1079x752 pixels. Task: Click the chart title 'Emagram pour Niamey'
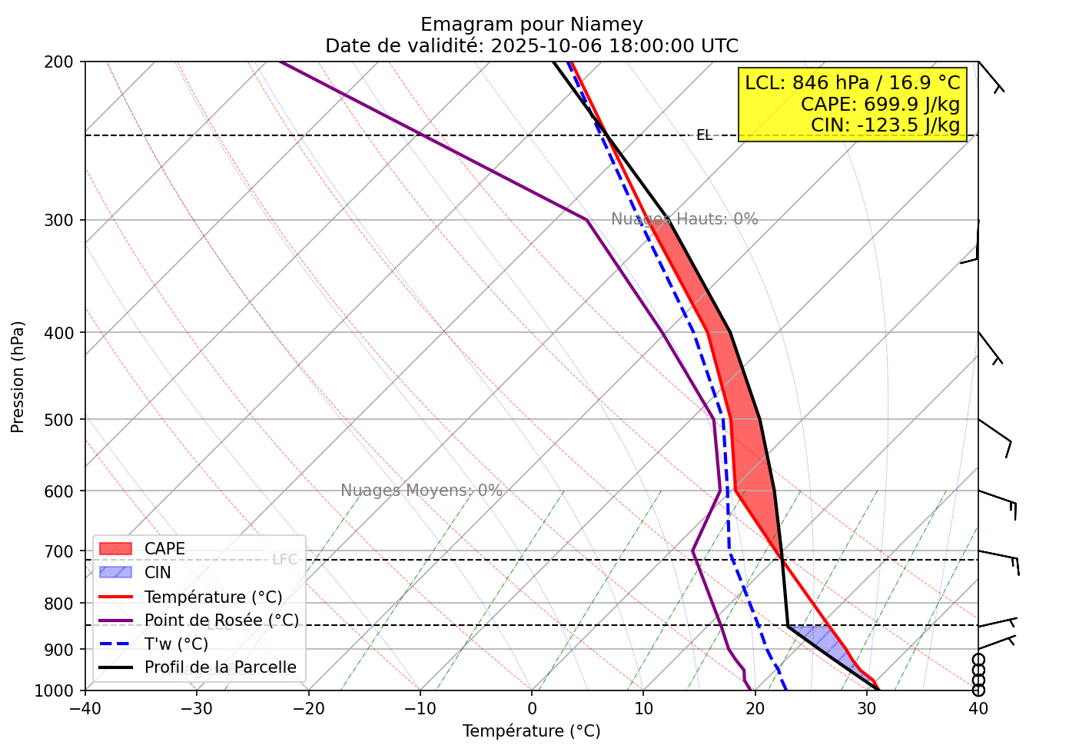532,25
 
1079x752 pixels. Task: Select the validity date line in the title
532,46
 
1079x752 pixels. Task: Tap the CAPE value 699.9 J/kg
880,104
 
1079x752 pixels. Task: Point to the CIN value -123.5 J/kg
885,125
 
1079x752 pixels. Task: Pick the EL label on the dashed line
704,135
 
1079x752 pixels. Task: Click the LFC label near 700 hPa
284,559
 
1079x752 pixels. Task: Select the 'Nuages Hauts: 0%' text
684,219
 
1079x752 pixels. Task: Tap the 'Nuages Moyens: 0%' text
421,491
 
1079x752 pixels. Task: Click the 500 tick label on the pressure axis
64,420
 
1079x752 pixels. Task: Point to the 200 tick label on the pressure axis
64,62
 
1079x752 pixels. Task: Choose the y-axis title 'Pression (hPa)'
18,377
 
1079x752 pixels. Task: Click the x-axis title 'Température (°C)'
532,731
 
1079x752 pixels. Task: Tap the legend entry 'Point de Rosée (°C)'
221,621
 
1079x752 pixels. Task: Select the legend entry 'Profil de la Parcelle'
220,667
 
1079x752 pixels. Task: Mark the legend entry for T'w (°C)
176,644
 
